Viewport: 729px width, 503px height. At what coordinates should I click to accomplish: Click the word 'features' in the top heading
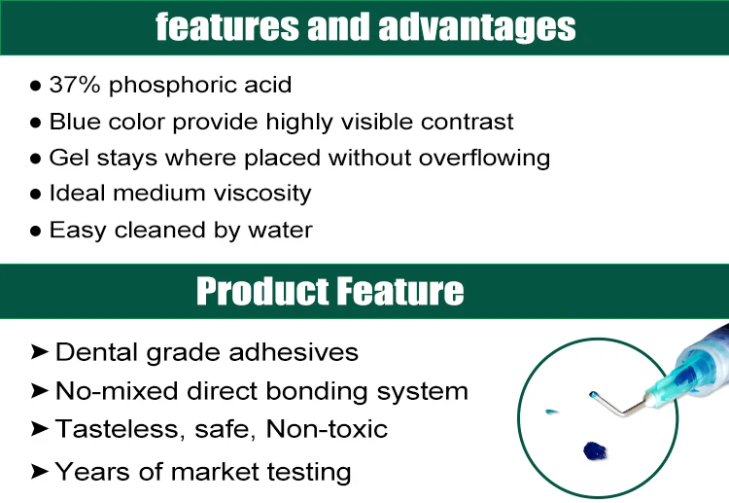click(227, 26)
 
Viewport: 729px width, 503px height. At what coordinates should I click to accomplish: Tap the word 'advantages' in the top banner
click(477, 27)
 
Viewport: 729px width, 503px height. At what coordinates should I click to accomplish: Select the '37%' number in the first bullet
click(75, 85)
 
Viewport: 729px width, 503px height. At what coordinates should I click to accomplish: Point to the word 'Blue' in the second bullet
click(75, 122)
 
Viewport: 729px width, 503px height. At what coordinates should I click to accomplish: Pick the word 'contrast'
click(467, 123)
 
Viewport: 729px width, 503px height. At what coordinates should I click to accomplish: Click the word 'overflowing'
click(484, 159)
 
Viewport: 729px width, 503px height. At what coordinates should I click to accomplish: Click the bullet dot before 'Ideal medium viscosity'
click(35, 195)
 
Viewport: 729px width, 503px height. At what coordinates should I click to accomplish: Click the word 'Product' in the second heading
click(261, 291)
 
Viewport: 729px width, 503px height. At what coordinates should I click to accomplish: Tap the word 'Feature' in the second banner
click(400, 291)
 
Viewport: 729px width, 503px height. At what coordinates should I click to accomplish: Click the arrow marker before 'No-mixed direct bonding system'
click(40, 391)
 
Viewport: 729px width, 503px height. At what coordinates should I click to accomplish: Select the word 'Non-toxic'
click(327, 429)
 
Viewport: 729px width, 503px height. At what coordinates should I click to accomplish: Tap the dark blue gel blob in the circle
click(595, 450)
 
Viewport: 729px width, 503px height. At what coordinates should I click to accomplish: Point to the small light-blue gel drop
click(551, 412)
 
